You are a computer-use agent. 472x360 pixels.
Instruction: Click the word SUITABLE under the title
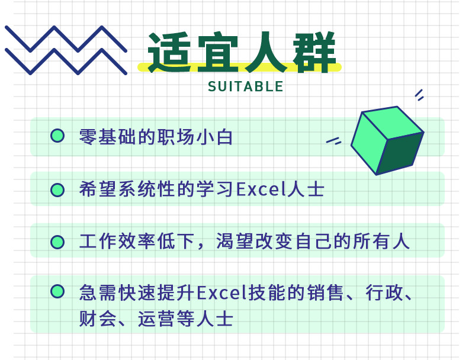[245, 86]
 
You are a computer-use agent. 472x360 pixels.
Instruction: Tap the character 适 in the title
[169, 52]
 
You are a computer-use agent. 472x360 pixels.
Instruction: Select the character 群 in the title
[314, 52]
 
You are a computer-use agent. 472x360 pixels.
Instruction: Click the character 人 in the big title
[265, 52]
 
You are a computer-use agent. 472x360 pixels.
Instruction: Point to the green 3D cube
[387, 140]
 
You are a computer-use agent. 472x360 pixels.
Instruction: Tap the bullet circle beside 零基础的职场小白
[57, 136]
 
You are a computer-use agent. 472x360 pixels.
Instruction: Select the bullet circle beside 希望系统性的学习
[57, 190]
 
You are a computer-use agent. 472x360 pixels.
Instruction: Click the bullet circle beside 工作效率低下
[57, 242]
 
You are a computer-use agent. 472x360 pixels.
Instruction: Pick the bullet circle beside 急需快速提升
[57, 291]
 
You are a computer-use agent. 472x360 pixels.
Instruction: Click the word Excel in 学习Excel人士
[261, 189]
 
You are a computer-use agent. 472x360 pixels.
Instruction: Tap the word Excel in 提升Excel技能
[222, 292]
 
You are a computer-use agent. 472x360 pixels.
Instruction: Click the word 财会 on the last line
[98, 319]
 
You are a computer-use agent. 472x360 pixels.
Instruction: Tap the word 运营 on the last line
[156, 319]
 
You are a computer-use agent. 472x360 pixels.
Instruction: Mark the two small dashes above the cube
[419, 95]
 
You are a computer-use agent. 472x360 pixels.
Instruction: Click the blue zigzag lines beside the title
[66, 50]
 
